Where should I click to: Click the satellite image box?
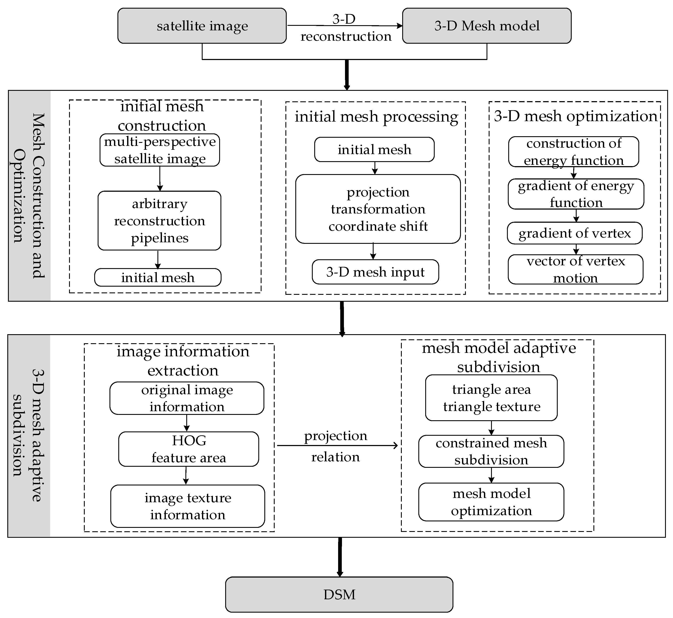click(x=202, y=26)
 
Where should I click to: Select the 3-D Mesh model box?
click(x=487, y=26)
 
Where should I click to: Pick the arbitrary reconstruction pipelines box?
click(x=159, y=221)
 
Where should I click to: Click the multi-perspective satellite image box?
click(x=160, y=150)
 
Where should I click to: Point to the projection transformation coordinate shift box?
click(x=378, y=209)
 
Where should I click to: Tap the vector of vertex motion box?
click(x=575, y=270)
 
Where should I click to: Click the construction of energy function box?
click(x=573, y=151)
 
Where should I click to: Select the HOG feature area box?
click(x=189, y=449)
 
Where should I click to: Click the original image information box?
click(x=187, y=398)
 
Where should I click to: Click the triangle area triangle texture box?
click(x=491, y=398)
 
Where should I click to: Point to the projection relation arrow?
click(x=337, y=445)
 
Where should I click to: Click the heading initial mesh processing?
click(x=376, y=117)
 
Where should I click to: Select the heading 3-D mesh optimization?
click(x=575, y=116)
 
